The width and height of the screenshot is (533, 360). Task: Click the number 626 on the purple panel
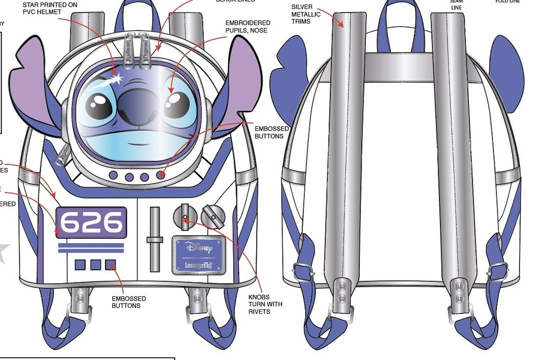pos(91,223)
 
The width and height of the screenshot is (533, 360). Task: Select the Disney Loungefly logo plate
pos(198,254)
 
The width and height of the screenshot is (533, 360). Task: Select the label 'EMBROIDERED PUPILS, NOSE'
pos(248,27)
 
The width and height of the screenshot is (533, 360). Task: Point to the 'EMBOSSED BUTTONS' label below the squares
pos(128,302)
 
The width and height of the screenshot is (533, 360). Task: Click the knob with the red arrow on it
pos(184,217)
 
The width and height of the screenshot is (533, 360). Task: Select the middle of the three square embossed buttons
pos(95,265)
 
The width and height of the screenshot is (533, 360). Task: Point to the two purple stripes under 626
pos(90,248)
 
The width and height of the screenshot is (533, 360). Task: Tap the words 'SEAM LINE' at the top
pos(457,5)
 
